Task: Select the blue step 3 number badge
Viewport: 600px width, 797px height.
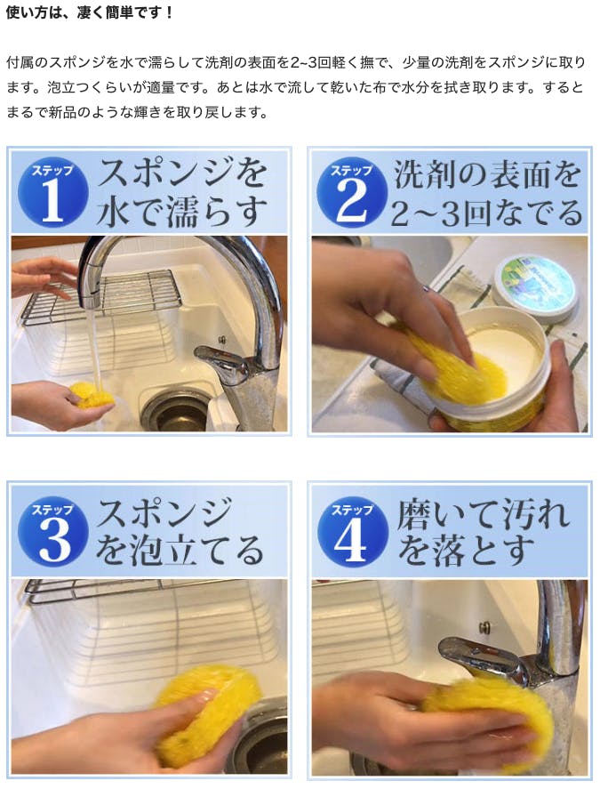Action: [52, 532]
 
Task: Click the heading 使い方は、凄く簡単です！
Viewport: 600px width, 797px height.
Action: [90, 12]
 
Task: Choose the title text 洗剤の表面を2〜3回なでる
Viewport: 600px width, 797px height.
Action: [487, 193]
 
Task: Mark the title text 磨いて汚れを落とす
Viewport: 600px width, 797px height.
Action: [483, 532]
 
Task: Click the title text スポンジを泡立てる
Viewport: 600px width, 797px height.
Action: [180, 532]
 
